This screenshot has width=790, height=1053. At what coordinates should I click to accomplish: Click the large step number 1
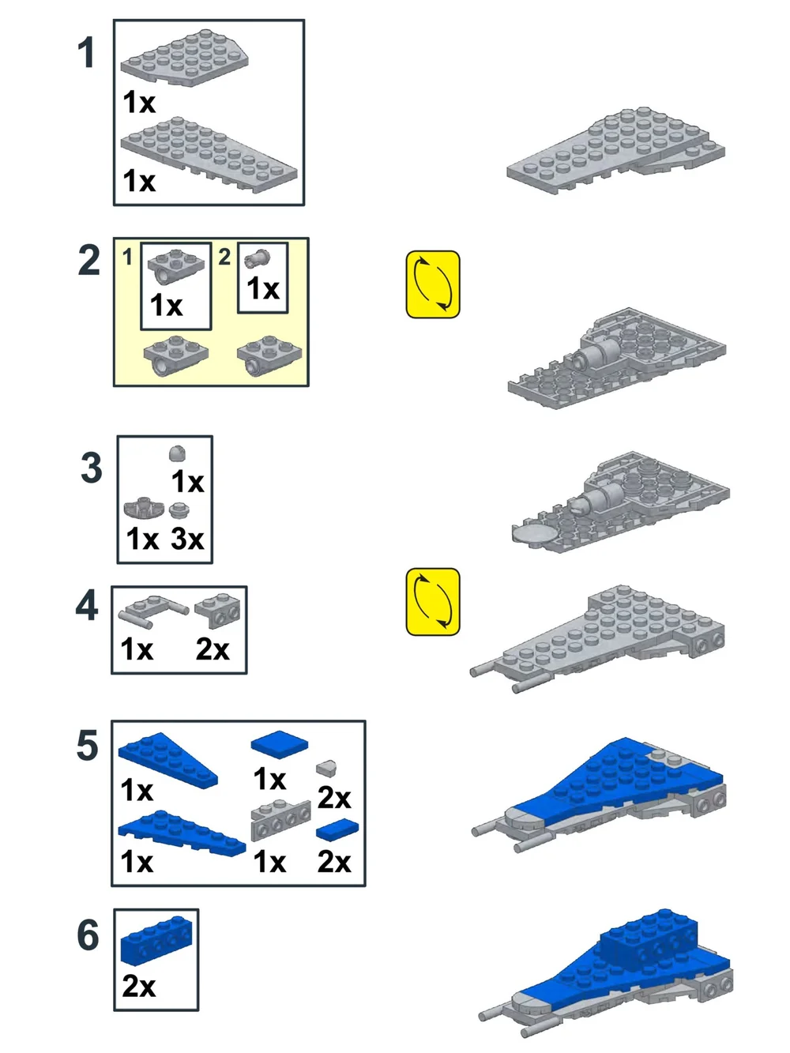[86, 53]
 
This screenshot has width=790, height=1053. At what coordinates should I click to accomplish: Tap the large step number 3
[91, 467]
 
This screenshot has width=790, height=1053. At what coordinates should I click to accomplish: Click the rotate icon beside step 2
[433, 284]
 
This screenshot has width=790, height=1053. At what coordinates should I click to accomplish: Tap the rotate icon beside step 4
[433, 602]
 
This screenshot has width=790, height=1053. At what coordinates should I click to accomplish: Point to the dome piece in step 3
[178, 453]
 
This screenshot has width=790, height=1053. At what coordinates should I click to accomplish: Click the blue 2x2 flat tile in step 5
[280, 744]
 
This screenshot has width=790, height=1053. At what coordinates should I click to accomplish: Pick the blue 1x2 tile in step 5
[337, 829]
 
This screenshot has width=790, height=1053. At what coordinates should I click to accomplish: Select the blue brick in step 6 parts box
[156, 941]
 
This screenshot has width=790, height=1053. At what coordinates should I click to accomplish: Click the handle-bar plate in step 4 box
[152, 611]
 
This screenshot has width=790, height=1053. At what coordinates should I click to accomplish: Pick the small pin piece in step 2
[257, 259]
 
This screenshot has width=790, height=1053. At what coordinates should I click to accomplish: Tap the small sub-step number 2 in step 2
[224, 258]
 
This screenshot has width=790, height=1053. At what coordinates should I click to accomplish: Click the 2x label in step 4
[213, 649]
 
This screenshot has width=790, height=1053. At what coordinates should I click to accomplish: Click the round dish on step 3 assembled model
[536, 534]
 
